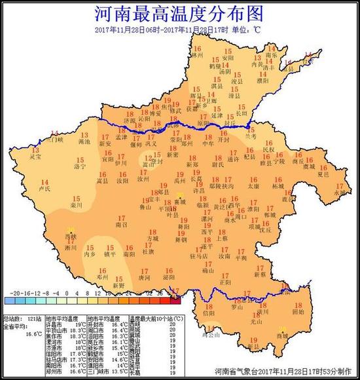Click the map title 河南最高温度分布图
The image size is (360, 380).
(181, 14)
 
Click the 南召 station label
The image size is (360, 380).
(120, 224)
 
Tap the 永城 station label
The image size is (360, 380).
(338, 193)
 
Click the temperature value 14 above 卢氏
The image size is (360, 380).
(45, 181)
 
